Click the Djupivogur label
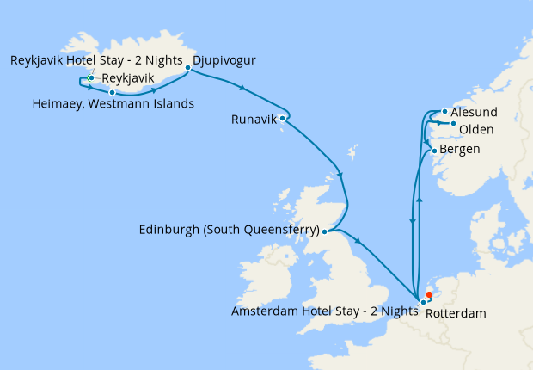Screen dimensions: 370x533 coord(224,60)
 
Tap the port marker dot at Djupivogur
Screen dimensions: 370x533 coord(187,66)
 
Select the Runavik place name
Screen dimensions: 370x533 coord(254,120)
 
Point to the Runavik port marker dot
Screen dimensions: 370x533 coord(282,119)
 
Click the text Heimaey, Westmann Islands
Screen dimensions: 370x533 coord(112,104)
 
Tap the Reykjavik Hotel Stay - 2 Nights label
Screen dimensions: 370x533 coord(96,60)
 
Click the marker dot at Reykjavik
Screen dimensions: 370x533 coord(90,78)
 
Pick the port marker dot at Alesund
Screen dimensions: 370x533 coord(444,111)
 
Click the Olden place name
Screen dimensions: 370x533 coord(476,130)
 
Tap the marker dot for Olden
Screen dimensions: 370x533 coord(453,124)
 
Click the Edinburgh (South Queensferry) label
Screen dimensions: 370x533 coord(228,231)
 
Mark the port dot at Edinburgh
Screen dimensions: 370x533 coord(323,231)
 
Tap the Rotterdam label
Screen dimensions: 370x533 coord(456,314)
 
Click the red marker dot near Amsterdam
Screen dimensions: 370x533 coord(430,294)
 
